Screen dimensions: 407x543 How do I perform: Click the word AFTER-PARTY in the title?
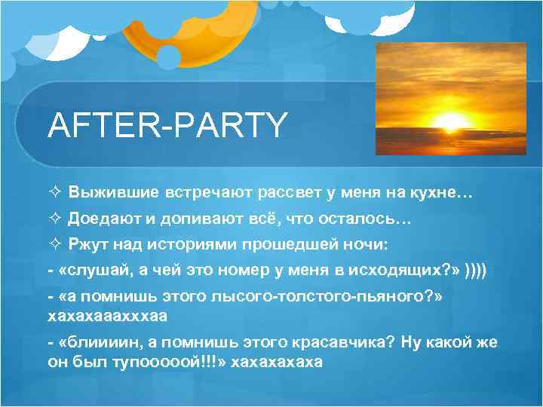(x=167, y=125)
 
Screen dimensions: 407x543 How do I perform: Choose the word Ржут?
(x=89, y=244)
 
